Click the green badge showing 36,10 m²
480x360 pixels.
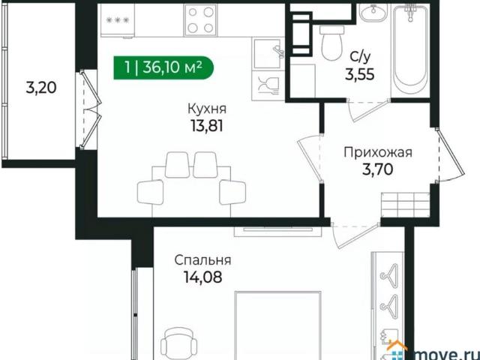(163, 67)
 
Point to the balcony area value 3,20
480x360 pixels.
(41, 87)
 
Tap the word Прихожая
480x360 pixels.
(378, 153)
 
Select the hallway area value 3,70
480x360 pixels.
(378, 170)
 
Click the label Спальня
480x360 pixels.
(202, 260)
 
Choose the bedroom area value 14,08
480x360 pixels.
(202, 277)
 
